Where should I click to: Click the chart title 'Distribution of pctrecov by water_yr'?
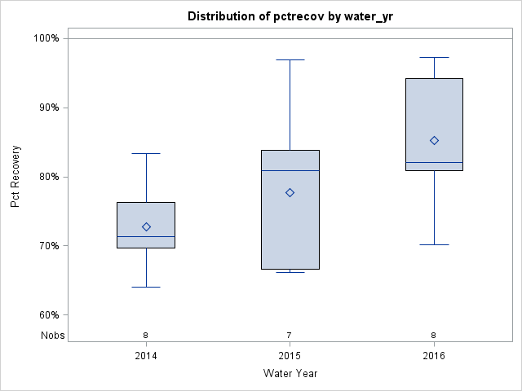pyautogui.click(x=290, y=16)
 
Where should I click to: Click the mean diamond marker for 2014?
pyautogui.click(x=146, y=226)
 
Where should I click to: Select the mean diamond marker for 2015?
pyautogui.click(x=290, y=192)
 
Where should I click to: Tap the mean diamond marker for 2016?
pyautogui.click(x=434, y=140)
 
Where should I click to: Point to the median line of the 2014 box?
pyautogui.click(x=146, y=236)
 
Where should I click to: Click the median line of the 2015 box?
pyautogui.click(x=290, y=170)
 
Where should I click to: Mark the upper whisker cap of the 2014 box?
pyautogui.click(x=146, y=153)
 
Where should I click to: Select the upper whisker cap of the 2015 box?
pyautogui.click(x=290, y=59)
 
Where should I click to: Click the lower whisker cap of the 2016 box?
pyautogui.click(x=434, y=244)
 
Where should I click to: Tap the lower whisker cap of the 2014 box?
pyautogui.click(x=146, y=287)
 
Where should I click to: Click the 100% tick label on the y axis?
pyautogui.click(x=46, y=38)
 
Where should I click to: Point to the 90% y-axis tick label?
pyautogui.click(x=49, y=108)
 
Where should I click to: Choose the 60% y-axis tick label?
pyautogui.click(x=49, y=315)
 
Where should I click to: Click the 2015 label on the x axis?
pyautogui.click(x=290, y=356)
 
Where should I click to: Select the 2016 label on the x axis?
pyautogui.click(x=434, y=356)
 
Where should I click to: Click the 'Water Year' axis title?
pyautogui.click(x=290, y=374)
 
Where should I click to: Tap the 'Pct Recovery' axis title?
pyautogui.click(x=16, y=176)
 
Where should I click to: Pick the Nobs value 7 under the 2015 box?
pyautogui.click(x=290, y=335)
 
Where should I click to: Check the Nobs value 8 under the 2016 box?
pyautogui.click(x=434, y=335)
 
